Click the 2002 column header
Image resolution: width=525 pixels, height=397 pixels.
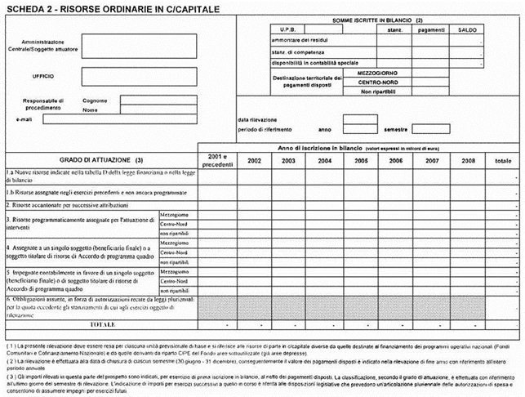coord(254,161)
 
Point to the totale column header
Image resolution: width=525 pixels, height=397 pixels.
coord(502,161)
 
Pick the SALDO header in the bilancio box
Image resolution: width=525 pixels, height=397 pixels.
coord(467,29)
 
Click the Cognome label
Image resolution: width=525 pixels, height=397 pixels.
coord(95,100)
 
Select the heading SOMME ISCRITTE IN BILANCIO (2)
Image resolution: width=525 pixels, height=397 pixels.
coord(377,19)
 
